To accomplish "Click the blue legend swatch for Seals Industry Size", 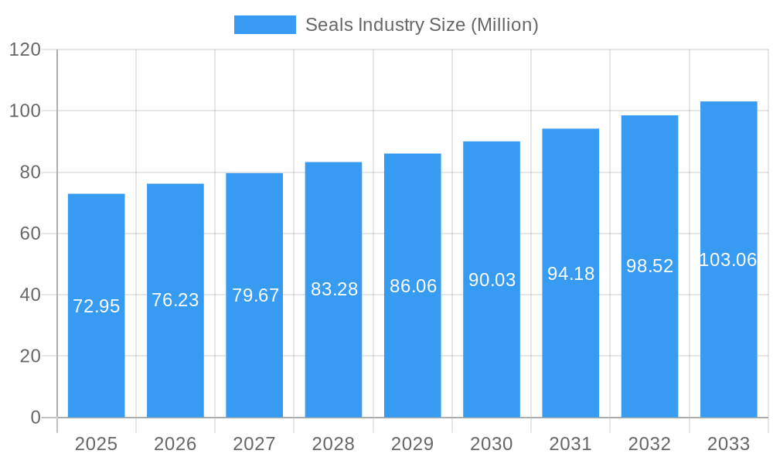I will pos(264,25).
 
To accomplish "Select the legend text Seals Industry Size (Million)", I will pos(421,25).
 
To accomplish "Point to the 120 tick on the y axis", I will pos(25,49).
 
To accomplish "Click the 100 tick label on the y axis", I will pos(25,111).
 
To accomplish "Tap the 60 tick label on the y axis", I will pos(29,234).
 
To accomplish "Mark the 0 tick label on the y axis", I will pos(35,418).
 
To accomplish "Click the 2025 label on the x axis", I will pos(96,444).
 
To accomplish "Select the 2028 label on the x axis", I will pos(333,444).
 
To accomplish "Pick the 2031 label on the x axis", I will pos(570,444).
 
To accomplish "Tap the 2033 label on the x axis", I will pos(728,444).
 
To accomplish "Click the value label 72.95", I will pos(96,306).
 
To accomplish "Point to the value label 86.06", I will pos(413,286).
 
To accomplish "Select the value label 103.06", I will pos(728,260).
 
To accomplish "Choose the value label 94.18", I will pos(570,274).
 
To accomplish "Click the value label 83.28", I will pos(334,289).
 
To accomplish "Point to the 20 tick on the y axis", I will pos(29,357).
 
